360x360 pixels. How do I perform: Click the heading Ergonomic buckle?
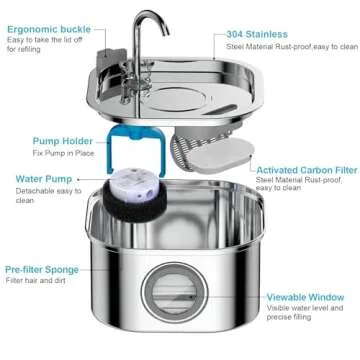[x=48, y=31]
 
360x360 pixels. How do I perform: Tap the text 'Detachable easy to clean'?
[x=42, y=197]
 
